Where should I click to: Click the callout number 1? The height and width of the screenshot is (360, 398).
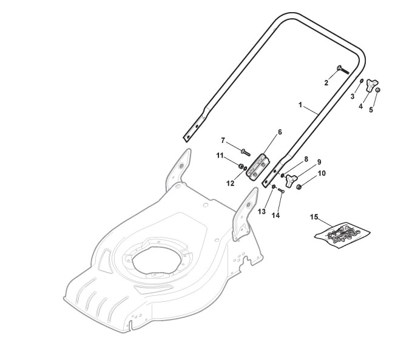pos(300,105)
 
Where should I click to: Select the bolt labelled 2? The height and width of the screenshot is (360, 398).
pos(343,70)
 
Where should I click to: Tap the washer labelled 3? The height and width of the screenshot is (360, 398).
pos(361,81)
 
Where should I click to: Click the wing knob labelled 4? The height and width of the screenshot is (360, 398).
pos(371,85)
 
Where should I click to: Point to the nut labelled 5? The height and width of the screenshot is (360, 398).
pos(378,90)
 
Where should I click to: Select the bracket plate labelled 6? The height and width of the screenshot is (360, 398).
pos(258,168)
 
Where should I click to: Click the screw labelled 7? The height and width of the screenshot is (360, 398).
pos(245,152)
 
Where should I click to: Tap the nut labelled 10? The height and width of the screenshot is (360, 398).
pos(299,187)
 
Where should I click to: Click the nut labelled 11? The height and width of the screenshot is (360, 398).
pos(240,166)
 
